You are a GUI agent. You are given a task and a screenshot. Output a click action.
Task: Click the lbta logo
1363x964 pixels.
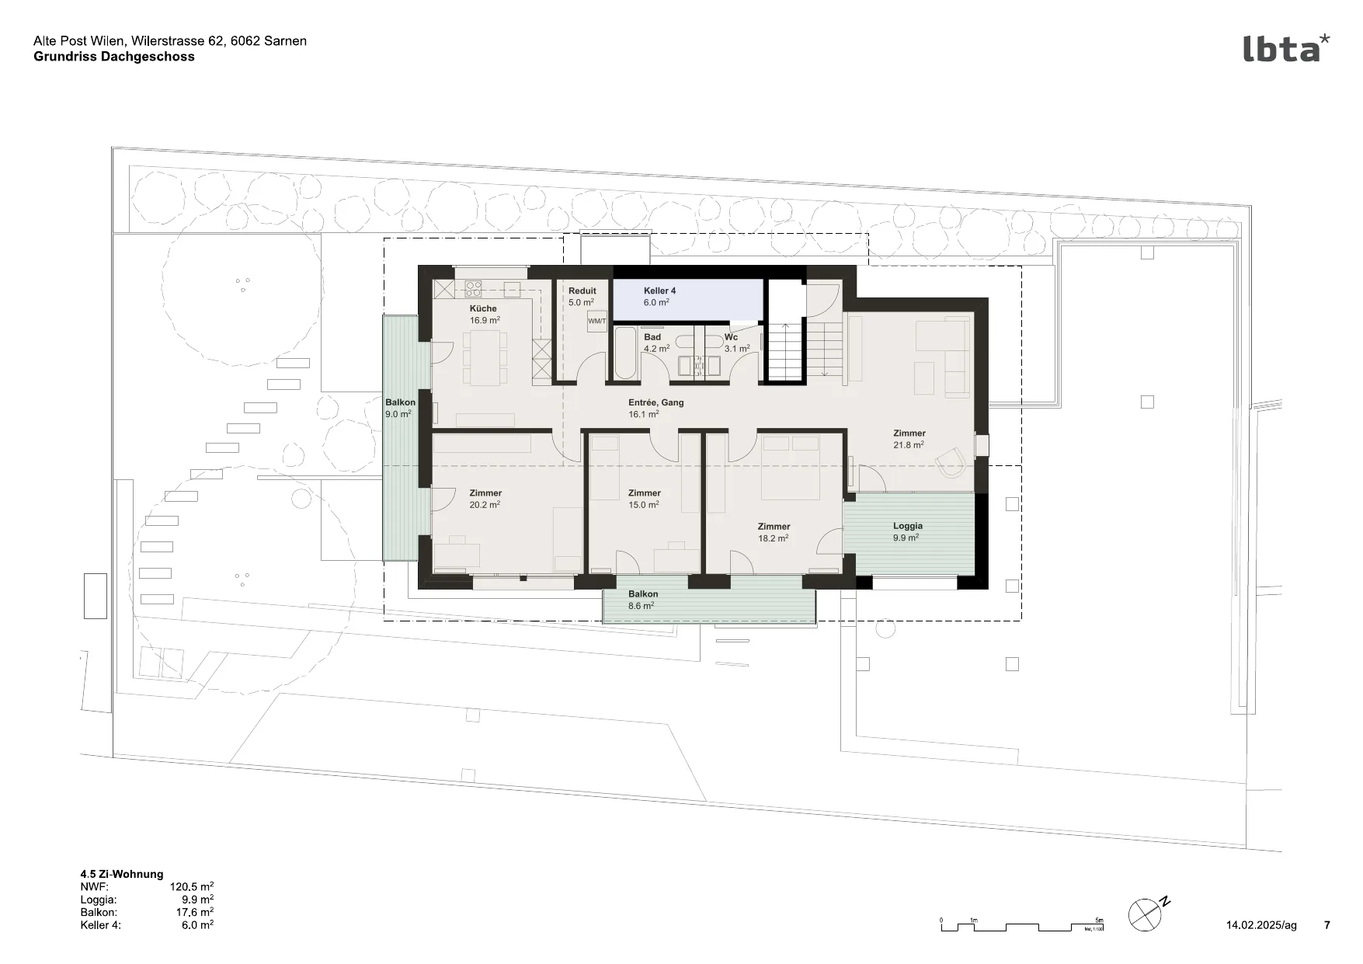coord(1286,47)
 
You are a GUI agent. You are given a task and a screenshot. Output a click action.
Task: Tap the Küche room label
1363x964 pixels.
coord(483,308)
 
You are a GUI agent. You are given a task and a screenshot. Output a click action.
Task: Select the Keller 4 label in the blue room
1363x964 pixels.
coord(659,291)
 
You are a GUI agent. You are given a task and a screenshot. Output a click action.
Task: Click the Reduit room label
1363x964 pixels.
coord(582,291)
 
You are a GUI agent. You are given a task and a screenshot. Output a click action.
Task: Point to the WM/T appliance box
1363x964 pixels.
coord(596,321)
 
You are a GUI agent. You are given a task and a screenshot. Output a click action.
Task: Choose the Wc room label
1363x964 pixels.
coord(731,337)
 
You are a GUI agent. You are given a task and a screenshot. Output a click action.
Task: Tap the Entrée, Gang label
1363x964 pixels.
coord(656,402)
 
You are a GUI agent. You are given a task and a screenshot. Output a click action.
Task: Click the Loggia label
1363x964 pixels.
coord(908,526)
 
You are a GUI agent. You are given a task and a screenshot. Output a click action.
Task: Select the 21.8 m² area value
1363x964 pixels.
coord(909,445)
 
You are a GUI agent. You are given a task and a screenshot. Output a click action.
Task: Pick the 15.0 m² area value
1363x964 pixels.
coord(644,505)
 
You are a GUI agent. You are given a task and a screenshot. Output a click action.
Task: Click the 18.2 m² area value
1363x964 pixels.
coord(774,538)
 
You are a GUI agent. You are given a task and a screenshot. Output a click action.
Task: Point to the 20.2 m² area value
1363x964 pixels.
coord(485,505)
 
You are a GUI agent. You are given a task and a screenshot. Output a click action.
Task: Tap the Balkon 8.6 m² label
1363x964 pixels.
coord(643,600)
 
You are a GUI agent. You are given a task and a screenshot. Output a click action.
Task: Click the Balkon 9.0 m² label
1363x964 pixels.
coord(400,408)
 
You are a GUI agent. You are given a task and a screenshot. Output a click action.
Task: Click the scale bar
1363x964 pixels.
coord(1022,925)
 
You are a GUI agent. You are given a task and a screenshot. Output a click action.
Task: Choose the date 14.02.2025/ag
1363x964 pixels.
coord(1261,925)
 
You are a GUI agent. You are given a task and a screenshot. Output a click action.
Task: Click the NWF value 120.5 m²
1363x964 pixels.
coord(192,886)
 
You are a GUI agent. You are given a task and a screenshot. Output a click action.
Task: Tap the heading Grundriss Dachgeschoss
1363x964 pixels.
coord(114,57)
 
